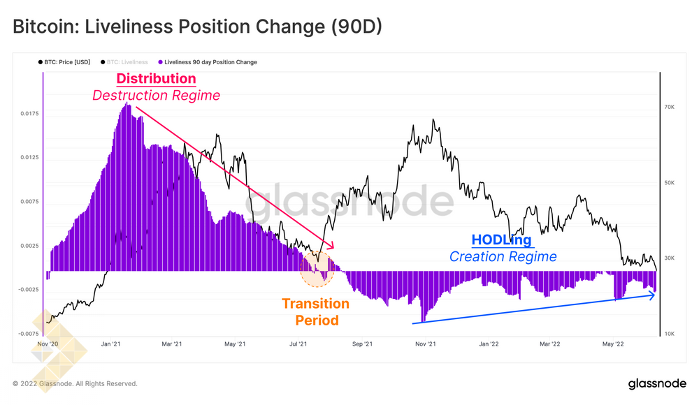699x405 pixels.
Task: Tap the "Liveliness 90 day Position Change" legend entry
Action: point(210,62)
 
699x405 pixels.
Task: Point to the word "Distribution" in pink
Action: point(156,78)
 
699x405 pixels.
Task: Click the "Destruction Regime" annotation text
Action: point(156,95)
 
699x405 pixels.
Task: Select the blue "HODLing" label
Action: point(502,240)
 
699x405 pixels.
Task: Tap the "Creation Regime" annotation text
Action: point(503,256)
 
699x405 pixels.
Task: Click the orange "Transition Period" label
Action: point(315,312)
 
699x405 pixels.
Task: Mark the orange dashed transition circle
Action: point(317,267)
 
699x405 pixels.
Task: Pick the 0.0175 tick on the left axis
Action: point(29,113)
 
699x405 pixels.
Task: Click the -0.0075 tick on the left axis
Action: point(27,334)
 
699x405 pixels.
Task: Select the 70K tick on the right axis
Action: point(670,107)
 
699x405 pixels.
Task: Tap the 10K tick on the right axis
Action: point(670,334)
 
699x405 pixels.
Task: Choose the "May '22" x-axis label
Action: point(613,344)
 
